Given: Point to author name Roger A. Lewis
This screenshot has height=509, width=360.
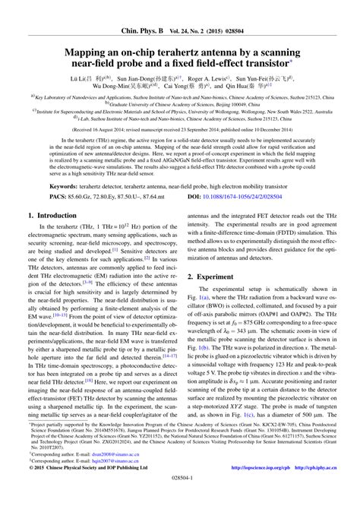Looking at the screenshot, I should (x=209, y=78).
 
